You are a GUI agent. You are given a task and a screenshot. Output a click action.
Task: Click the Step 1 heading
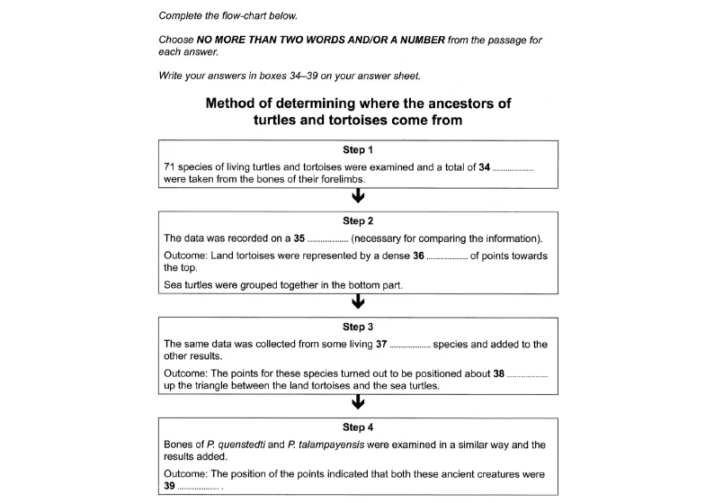pyautogui.click(x=358, y=150)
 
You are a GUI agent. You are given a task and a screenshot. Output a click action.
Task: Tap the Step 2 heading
pyautogui.click(x=358, y=220)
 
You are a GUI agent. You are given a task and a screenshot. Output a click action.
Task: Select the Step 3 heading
pyautogui.click(x=358, y=327)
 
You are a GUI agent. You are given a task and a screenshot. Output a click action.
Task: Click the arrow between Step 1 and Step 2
pyautogui.click(x=358, y=198)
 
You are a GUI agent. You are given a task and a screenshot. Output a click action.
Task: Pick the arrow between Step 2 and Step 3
pyautogui.click(x=358, y=304)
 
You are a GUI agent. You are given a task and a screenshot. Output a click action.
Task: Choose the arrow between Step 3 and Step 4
pyautogui.click(x=358, y=401)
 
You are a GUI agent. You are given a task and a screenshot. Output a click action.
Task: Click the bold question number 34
pyautogui.click(x=485, y=167)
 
